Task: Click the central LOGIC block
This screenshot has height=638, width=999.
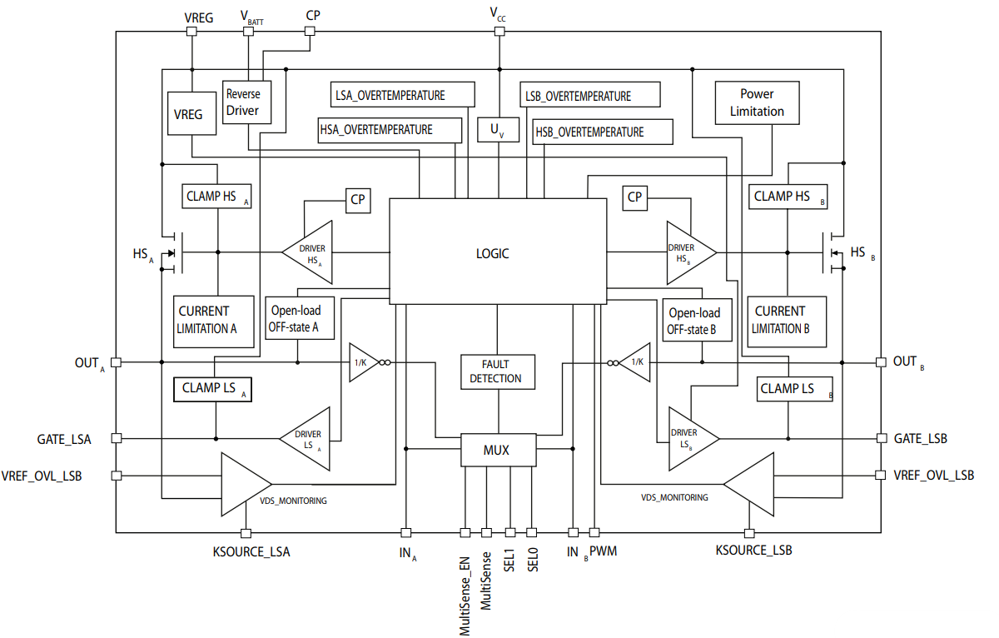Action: pos(498,252)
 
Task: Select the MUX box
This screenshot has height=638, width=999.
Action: pos(497,451)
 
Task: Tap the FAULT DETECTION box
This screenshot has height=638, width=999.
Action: pos(497,371)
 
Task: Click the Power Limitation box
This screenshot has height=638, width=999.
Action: pos(757,102)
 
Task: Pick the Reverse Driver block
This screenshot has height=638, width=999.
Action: pos(246,102)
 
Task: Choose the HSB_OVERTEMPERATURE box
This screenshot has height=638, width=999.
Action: pos(589,132)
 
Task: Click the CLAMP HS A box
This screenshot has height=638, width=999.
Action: pos(216,197)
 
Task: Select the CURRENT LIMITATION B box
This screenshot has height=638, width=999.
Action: pos(786,320)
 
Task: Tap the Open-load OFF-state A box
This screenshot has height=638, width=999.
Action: pos(299,319)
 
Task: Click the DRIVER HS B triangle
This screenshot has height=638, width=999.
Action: pos(689,252)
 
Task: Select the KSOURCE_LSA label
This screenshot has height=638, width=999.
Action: pos(251,551)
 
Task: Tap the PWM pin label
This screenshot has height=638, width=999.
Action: pos(604,551)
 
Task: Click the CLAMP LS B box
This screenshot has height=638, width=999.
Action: pos(793,388)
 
